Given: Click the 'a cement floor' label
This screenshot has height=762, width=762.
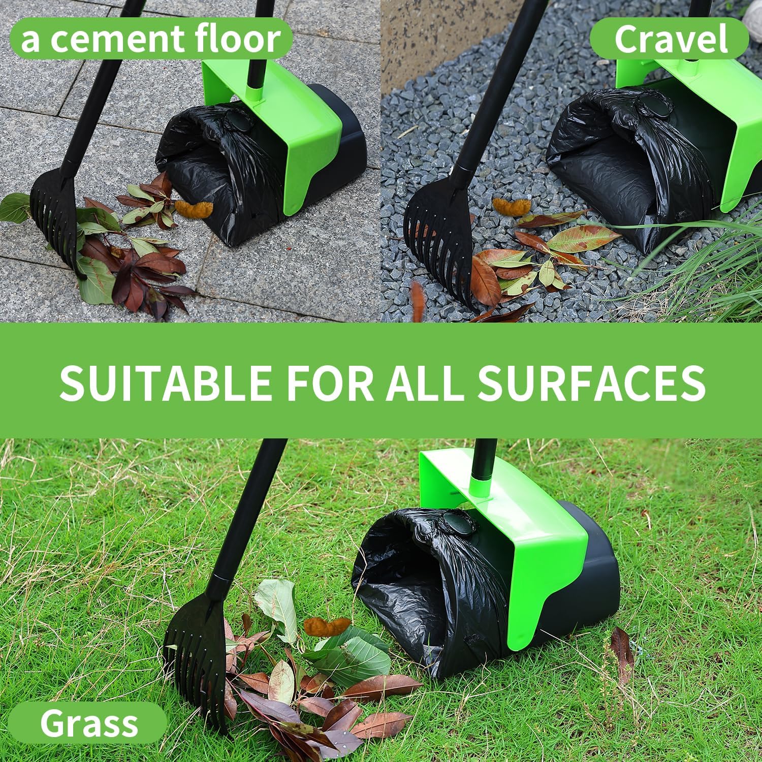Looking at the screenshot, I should (x=150, y=40).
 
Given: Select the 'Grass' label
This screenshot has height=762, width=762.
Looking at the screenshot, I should (x=89, y=723).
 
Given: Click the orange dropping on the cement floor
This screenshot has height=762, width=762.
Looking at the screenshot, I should (x=194, y=208).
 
